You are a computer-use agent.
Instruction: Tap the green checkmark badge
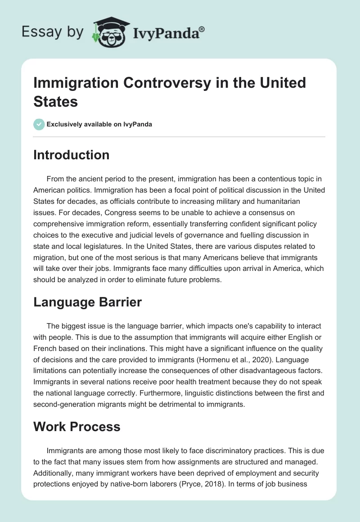coord(39,124)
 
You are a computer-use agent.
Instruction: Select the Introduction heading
coord(72,155)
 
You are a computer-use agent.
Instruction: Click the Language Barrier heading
coord(88,302)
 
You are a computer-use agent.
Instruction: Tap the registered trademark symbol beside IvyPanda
coord(202,29)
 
